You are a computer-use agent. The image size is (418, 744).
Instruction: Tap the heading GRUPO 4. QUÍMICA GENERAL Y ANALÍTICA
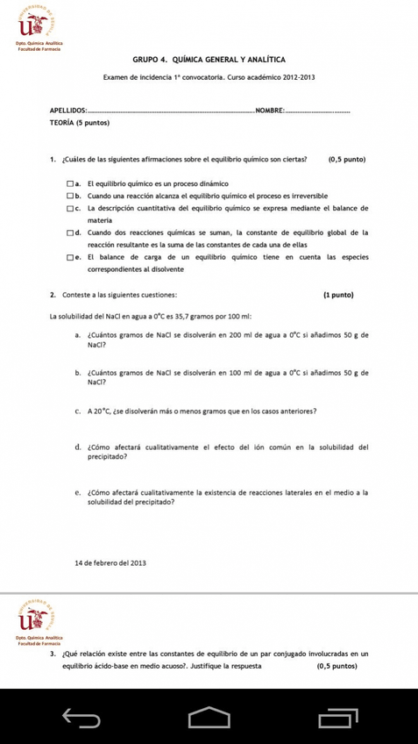(209, 59)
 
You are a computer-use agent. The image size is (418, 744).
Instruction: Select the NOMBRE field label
(270, 110)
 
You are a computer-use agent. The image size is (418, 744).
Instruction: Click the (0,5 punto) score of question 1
(346, 160)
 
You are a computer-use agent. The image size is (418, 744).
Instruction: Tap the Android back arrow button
(77, 717)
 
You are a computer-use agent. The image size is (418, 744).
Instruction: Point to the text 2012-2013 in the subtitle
(296, 78)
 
